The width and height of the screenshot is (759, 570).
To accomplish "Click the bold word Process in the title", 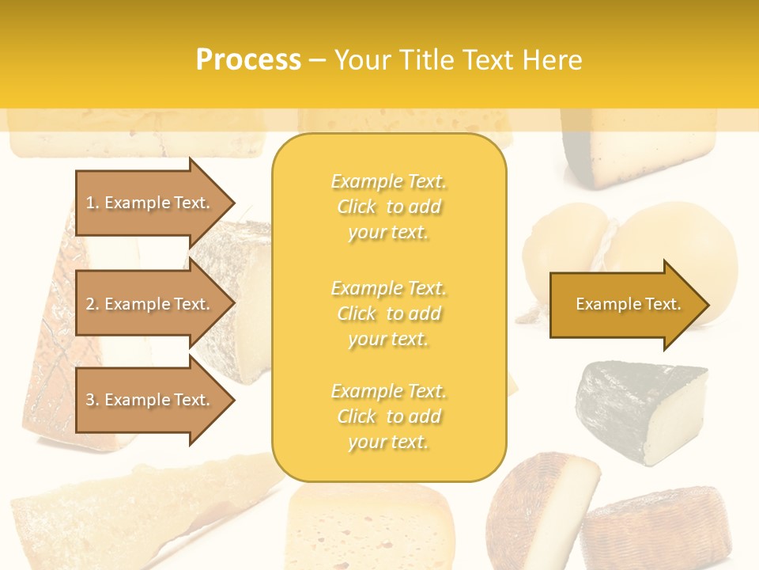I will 248,60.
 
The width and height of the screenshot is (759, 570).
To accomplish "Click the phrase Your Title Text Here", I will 459,60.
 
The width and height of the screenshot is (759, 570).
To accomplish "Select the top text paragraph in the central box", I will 389,207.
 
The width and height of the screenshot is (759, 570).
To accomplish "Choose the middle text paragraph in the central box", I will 389,313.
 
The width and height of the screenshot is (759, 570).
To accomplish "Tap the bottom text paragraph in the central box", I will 389,416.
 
